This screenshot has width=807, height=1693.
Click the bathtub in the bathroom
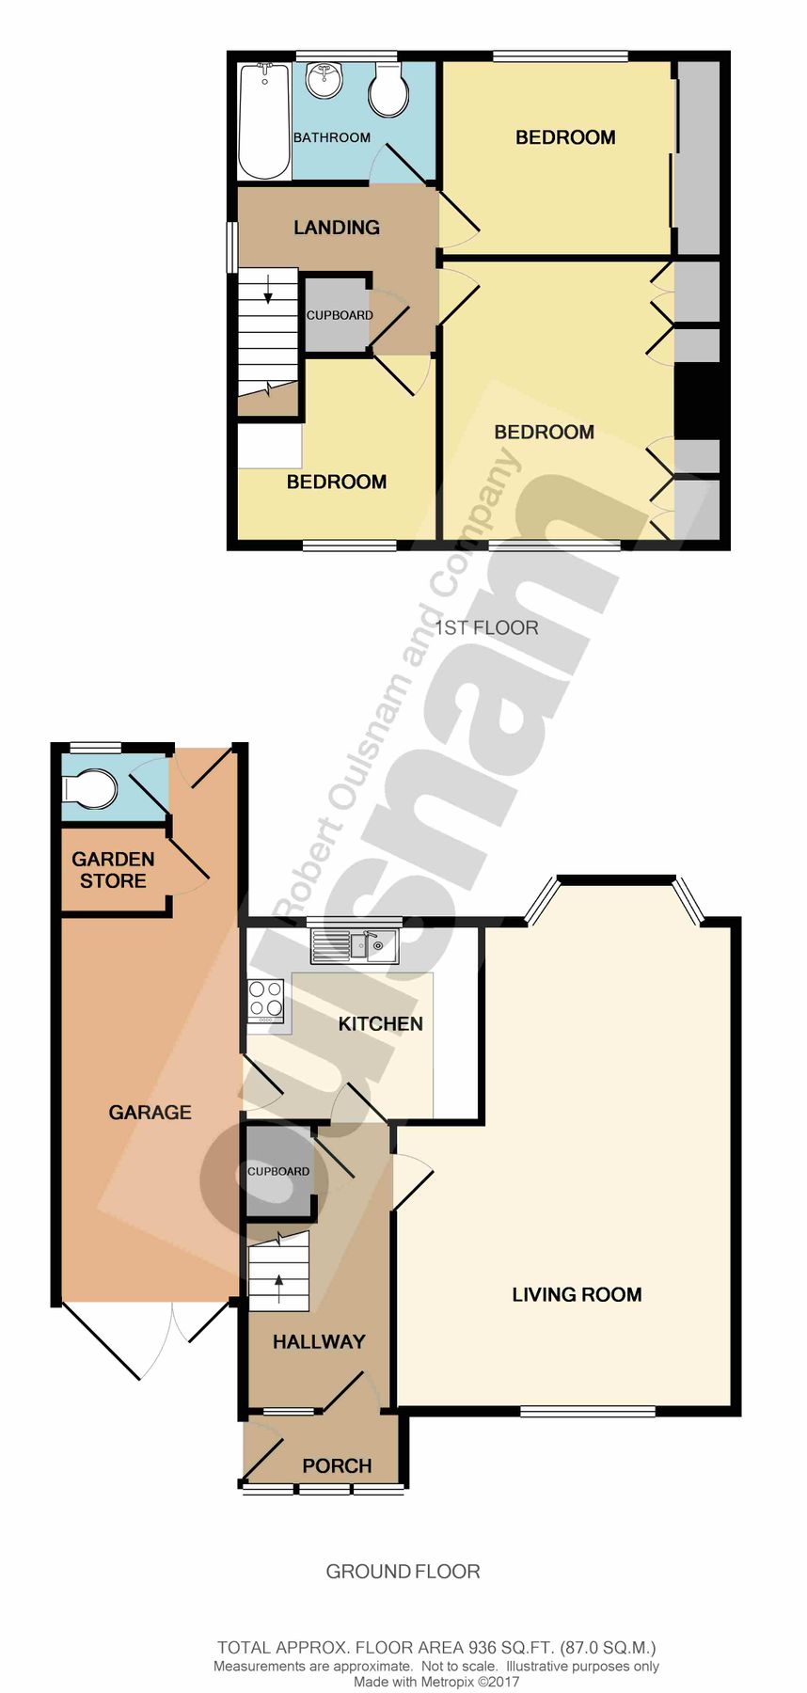[264, 120]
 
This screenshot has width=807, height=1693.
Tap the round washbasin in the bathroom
[324, 80]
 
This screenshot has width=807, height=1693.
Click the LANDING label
[336, 228]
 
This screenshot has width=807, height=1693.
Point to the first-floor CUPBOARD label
[340, 315]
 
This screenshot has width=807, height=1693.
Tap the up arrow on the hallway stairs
[278, 1288]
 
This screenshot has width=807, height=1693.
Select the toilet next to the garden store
[92, 790]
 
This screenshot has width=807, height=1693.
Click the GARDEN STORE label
[113, 870]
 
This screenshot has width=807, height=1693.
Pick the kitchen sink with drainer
[354, 945]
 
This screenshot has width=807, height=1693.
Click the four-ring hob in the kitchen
[265, 1001]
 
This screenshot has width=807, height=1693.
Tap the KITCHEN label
[380, 1023]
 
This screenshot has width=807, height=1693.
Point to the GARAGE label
[150, 1113]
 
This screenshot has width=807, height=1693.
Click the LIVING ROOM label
[577, 1294]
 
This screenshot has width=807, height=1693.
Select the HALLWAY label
[319, 1342]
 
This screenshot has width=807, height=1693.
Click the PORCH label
[337, 1465]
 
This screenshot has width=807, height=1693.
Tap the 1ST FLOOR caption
[486, 627]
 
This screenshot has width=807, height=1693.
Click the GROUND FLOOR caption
[403, 1572]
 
